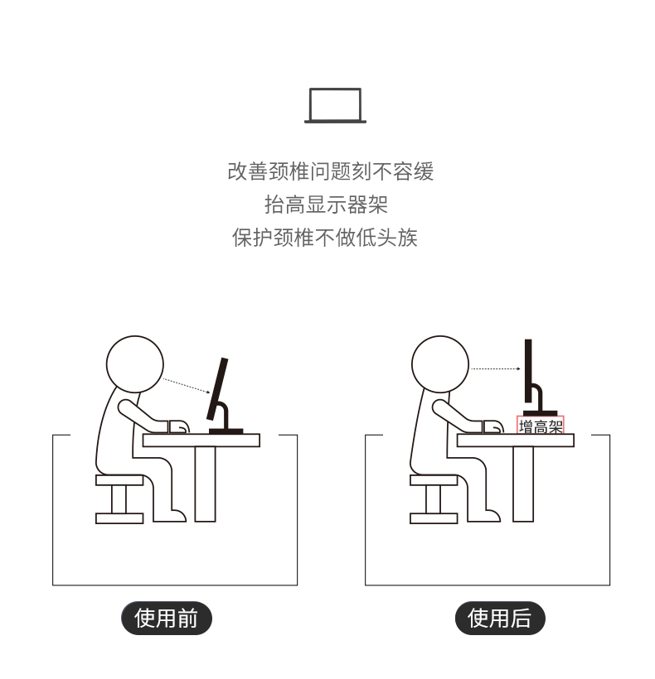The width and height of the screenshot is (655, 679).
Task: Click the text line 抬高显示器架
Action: [x=326, y=205]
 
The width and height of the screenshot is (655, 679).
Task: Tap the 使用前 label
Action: [x=167, y=618]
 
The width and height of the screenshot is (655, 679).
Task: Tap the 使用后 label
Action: [x=500, y=618]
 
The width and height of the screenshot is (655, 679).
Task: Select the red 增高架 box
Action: [x=541, y=425]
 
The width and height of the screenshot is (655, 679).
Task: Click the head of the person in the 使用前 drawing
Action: [x=135, y=364]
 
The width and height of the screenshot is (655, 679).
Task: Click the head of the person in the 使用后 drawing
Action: [x=440, y=364]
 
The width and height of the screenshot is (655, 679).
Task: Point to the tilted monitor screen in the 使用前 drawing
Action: [x=217, y=388]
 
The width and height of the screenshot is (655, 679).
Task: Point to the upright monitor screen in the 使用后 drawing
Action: [x=528, y=371]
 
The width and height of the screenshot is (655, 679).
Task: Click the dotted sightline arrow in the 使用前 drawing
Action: [x=187, y=386]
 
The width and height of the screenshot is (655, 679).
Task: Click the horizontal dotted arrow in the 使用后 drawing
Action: [x=496, y=369]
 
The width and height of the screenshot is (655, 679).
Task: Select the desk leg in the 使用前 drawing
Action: [x=205, y=484]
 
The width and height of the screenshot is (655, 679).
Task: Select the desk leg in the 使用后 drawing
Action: [x=523, y=484]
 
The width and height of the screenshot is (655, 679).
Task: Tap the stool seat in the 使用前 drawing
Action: [x=119, y=479]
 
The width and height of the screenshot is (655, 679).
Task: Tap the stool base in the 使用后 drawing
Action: [x=434, y=518]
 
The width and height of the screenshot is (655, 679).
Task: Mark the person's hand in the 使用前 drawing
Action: [x=178, y=426]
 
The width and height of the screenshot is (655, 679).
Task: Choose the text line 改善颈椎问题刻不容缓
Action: [x=330, y=171]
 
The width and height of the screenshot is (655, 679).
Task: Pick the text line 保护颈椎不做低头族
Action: [x=325, y=238]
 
